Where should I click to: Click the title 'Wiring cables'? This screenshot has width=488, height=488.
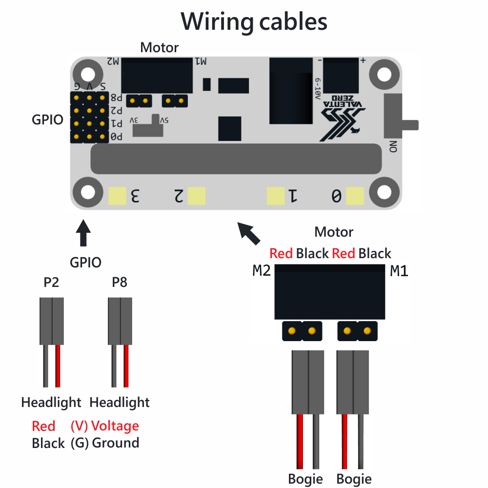pyautogui.click(x=254, y=22)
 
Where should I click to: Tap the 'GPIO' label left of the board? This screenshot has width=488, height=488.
pyautogui.click(x=47, y=120)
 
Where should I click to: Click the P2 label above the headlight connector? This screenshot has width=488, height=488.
pyautogui.click(x=51, y=283)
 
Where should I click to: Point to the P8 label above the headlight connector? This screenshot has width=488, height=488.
pyautogui.click(x=120, y=283)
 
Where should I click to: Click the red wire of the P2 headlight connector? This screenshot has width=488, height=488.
pyautogui.click(x=58, y=366)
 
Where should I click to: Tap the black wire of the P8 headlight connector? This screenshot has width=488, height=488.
pyautogui.click(x=113, y=366)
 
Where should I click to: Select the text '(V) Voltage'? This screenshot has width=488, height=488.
pyautogui.click(x=104, y=426)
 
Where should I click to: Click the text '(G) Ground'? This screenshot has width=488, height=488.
pyautogui.click(x=104, y=443)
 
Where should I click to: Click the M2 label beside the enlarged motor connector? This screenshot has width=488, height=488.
pyautogui.click(x=262, y=271)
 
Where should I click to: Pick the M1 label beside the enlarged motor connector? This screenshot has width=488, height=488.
pyautogui.click(x=399, y=271)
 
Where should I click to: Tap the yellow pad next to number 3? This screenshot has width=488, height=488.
pyautogui.click(x=117, y=196)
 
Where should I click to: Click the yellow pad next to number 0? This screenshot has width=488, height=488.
pyautogui.click(x=355, y=196)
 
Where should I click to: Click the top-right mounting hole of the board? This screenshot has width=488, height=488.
pyautogui.click(x=385, y=74)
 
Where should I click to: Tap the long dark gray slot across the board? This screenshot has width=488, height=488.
pyautogui.click(x=236, y=159)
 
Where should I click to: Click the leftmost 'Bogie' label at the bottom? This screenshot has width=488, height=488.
pyautogui.click(x=305, y=479)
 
